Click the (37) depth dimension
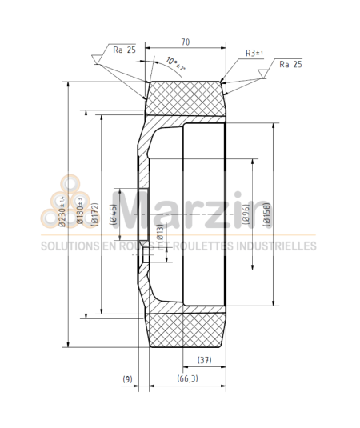click(x=203, y=359)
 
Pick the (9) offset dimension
click(x=127, y=378)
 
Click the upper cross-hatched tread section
click(x=186, y=98)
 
